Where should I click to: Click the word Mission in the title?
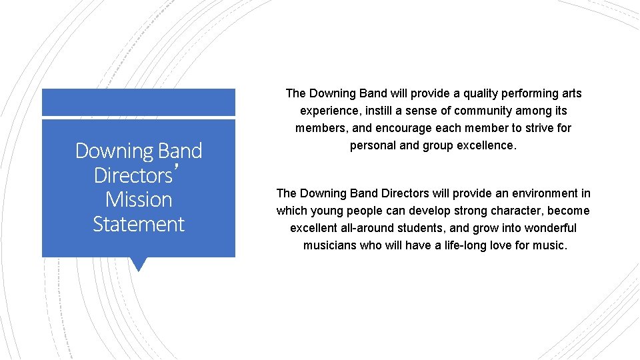[x=139, y=199]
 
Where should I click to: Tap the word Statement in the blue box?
[x=139, y=224]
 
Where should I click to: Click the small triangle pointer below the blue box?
[x=139, y=264]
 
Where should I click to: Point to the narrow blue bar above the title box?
[x=139, y=102]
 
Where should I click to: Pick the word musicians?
[x=329, y=245]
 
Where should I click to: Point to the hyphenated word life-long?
[x=459, y=245]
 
